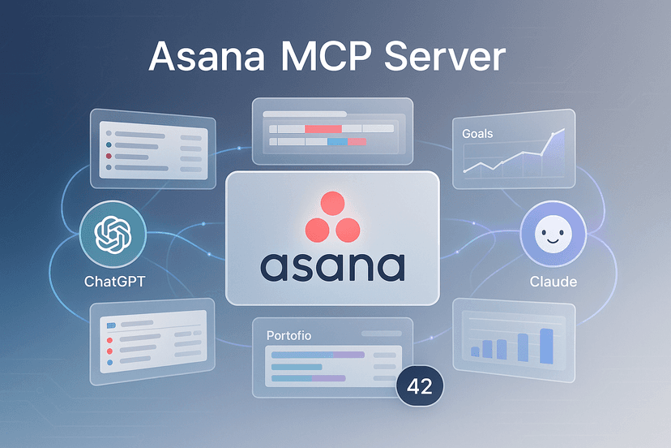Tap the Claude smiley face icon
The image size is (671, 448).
(553, 236)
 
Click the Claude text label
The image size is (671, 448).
(553, 282)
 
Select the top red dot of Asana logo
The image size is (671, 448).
(332, 204)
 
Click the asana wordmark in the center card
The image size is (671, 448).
(333, 265)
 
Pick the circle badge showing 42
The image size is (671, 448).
(420, 386)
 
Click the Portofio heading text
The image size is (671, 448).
(288, 334)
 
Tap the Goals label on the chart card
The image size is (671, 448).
(477, 133)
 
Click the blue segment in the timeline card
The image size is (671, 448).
(336, 142)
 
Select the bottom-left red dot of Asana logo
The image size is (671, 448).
(316, 230)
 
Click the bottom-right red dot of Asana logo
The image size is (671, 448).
(349, 230)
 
